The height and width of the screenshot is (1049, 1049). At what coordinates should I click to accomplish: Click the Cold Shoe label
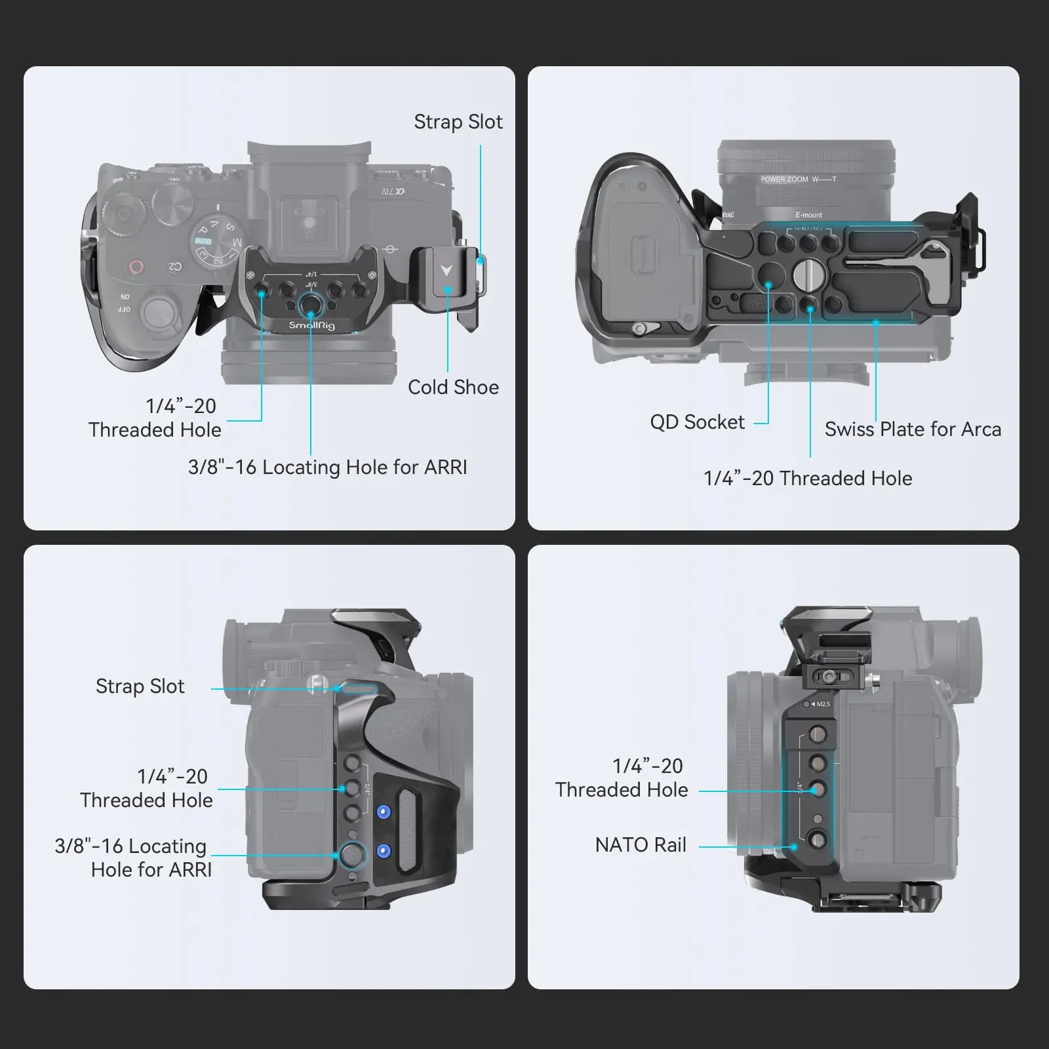(453, 387)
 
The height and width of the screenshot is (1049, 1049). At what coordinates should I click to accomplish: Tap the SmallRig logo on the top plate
(312, 325)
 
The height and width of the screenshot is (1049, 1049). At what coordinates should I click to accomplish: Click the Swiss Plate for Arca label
(913, 429)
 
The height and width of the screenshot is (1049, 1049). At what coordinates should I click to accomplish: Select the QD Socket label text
(697, 422)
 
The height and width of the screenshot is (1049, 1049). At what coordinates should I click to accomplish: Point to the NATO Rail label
(641, 845)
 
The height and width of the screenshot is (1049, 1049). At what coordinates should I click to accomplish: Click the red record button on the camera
(136, 267)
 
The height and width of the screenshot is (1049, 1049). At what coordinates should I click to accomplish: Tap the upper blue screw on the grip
(384, 812)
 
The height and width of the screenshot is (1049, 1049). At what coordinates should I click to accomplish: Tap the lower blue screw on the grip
(384, 851)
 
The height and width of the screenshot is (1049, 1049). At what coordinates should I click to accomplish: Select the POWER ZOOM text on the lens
(784, 180)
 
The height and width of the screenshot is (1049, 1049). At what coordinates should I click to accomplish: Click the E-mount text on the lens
(808, 215)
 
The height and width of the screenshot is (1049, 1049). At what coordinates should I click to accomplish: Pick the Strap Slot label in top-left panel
(458, 122)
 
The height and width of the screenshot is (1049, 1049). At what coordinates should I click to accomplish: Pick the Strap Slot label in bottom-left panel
(140, 686)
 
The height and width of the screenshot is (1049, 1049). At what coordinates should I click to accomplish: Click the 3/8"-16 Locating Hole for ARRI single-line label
(327, 467)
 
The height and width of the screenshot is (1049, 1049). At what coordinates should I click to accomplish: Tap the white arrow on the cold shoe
(446, 271)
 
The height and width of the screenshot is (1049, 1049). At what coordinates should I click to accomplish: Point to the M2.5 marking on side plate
(822, 704)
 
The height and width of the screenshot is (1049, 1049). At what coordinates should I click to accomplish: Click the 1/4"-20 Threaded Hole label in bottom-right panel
(622, 778)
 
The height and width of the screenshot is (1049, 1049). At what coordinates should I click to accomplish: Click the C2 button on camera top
(174, 267)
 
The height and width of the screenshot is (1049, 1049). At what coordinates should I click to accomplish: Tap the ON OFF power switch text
(125, 303)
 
